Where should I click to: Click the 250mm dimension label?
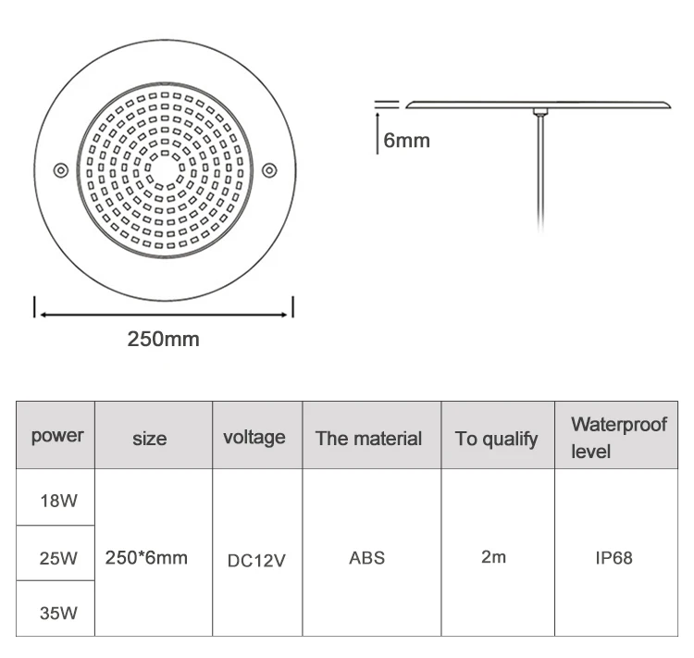(163, 339)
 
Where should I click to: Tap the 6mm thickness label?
(405, 141)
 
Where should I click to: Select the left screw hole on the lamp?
(59, 169)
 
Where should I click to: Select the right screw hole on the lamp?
(268, 169)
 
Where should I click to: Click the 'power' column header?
(56, 436)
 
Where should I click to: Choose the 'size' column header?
(149, 438)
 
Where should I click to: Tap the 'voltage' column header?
(254, 437)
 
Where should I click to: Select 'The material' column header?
(368, 439)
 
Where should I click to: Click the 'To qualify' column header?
(496, 439)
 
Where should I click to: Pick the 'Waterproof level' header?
(617, 438)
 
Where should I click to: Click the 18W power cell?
(57, 501)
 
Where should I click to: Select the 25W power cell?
(57, 558)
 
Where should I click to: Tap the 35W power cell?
(57, 611)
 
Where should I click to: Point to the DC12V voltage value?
(256, 560)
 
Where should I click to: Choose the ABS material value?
(366, 558)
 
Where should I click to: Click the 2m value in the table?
(493, 558)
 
